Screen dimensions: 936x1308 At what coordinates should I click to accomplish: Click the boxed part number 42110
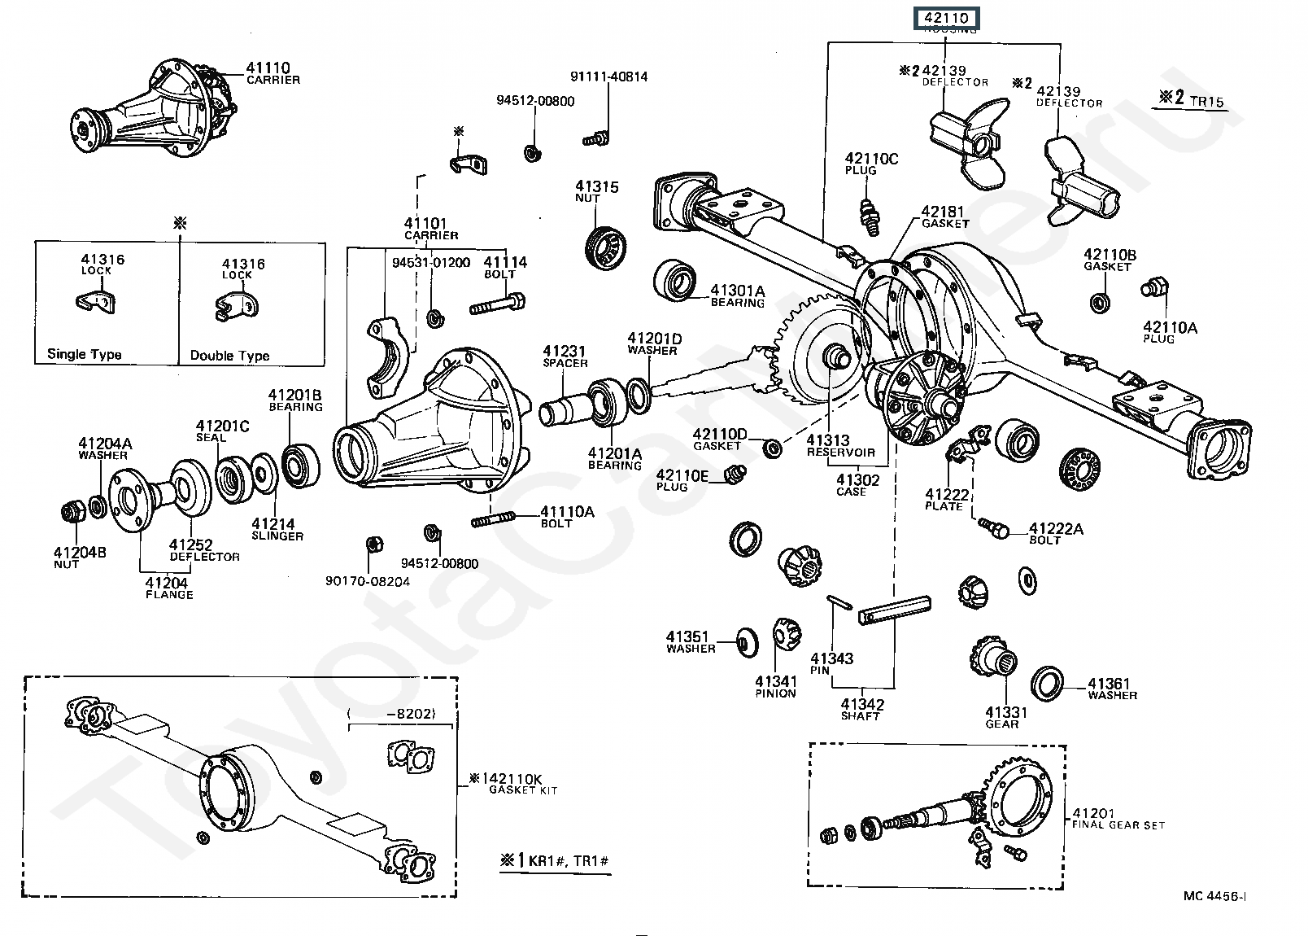pyautogui.click(x=946, y=17)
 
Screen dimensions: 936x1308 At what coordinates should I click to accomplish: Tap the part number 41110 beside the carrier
pyautogui.click(x=268, y=68)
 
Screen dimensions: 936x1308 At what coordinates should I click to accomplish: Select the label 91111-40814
pyautogui.click(x=608, y=77)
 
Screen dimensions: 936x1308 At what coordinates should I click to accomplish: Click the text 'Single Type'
pyautogui.click(x=84, y=354)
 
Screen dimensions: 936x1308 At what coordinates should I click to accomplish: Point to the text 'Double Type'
pyautogui.click(x=229, y=356)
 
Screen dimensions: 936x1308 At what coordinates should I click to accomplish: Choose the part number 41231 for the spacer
pyautogui.click(x=565, y=352)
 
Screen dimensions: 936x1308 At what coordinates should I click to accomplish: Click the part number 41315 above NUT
pyautogui.click(x=597, y=186)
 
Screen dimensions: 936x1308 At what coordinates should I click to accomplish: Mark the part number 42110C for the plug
pyautogui.click(x=871, y=159)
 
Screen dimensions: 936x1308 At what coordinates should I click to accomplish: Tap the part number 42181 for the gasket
pyautogui.click(x=944, y=212)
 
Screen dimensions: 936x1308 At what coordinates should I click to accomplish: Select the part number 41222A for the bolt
pyautogui.click(x=1056, y=529)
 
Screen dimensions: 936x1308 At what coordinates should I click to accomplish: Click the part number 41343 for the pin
pyautogui.click(x=831, y=658)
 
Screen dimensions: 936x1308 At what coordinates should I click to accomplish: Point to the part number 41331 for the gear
pyautogui.click(x=1006, y=712)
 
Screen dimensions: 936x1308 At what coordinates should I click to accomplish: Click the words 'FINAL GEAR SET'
pyautogui.click(x=1118, y=824)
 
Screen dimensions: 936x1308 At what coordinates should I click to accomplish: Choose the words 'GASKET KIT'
pyautogui.click(x=523, y=790)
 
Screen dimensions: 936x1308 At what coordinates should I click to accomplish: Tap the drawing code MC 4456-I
pyautogui.click(x=1214, y=896)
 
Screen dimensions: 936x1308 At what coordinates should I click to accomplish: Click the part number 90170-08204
pyautogui.click(x=368, y=581)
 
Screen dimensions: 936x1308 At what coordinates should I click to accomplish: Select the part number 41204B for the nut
pyautogui.click(x=80, y=553)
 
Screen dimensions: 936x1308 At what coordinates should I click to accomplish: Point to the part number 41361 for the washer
pyautogui.click(x=1110, y=684)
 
